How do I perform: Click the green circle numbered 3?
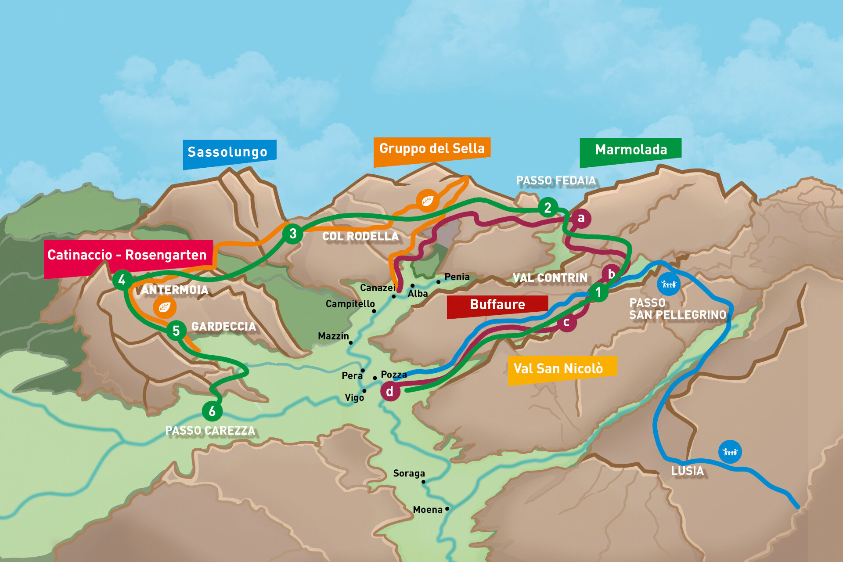292,234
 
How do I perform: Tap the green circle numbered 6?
212,411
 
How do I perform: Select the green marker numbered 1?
598,292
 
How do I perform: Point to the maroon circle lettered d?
390,391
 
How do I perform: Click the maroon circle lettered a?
581,218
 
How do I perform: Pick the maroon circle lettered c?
566,322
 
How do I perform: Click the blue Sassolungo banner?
229,153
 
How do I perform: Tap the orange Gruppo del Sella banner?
431,150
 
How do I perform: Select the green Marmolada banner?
630,151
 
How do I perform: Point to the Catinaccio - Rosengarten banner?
127,256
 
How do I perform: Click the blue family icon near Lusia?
730,452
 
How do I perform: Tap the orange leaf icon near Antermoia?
165,307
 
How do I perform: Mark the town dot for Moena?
447,509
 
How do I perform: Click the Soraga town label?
409,473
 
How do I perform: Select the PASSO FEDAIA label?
555,181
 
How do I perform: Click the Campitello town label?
350,304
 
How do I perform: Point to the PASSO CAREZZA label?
210,431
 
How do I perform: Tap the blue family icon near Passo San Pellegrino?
668,284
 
